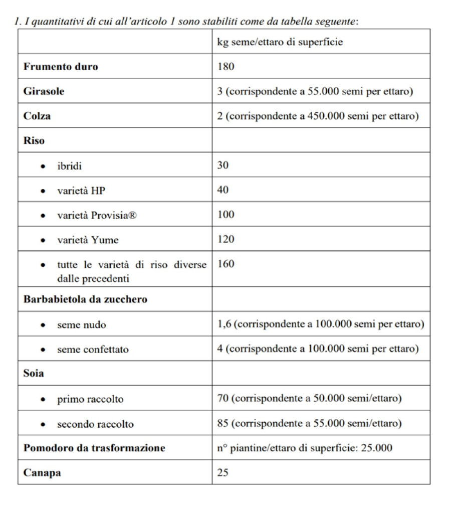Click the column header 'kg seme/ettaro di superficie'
(280, 42)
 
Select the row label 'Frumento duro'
(61, 67)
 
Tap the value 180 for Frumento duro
(226, 67)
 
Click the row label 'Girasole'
(44, 92)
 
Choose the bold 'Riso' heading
(34, 141)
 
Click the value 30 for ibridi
(223, 165)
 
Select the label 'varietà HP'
(81, 191)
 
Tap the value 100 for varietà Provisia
(226, 215)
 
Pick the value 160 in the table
(226, 264)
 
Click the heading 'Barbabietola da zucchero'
(85, 300)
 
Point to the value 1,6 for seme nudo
(223, 324)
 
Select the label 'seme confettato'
(93, 350)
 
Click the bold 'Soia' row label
(34, 374)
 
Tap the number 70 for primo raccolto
(223, 399)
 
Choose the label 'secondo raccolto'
(95, 424)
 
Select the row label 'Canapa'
(42, 473)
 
